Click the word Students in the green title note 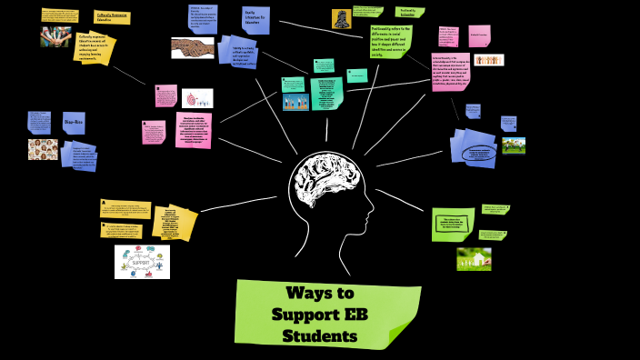pyautogui.click(x=319, y=336)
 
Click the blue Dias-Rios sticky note pyautogui.click(x=74, y=122)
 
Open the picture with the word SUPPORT pyautogui.click(x=142, y=262)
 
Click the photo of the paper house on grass pyautogui.click(x=474, y=258)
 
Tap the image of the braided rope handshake pyautogui.click(x=192, y=47)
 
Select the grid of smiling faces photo pyautogui.click(x=43, y=149)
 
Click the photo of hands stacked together pyautogui.click(x=55, y=36)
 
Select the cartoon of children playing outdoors pyautogui.click(x=514, y=145)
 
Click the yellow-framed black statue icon pyautogui.click(x=342, y=17)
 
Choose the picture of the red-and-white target pyautogui.click(x=196, y=98)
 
